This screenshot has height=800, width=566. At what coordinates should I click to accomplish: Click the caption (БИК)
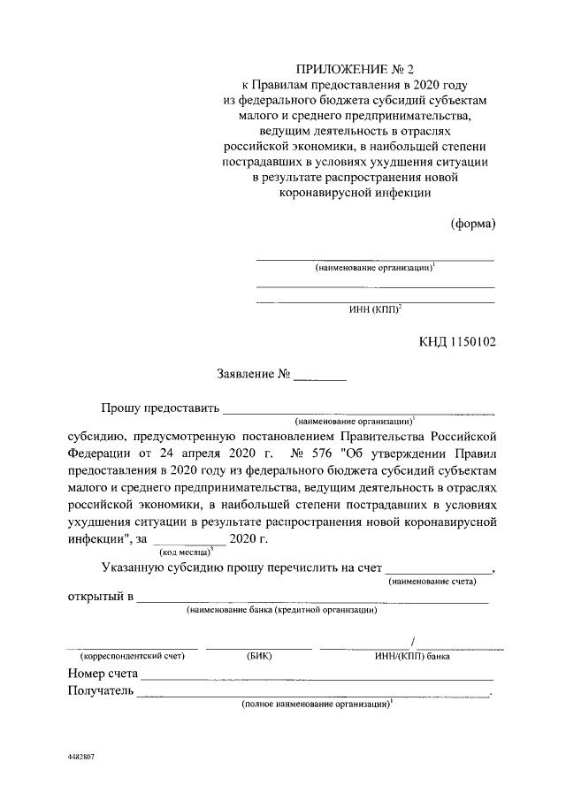point(259,657)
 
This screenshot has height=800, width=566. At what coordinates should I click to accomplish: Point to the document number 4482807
point(80,758)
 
